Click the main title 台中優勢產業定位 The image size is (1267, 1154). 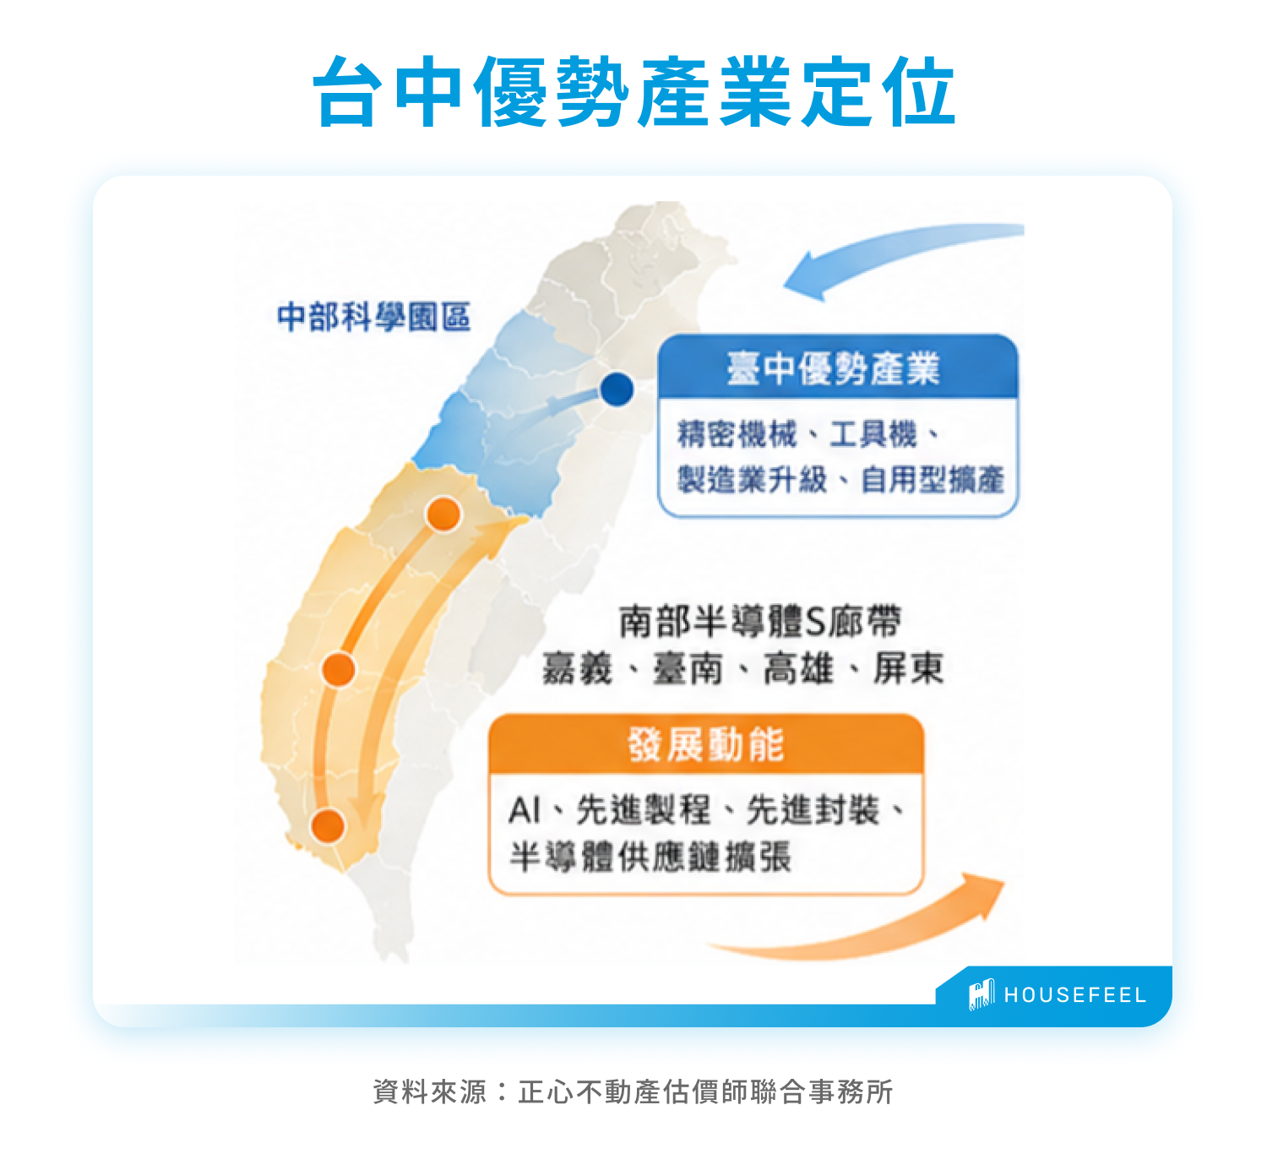pyautogui.click(x=633, y=91)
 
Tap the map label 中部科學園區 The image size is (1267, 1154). pyautogui.click(x=374, y=317)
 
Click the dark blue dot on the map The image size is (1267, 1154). pyautogui.click(x=617, y=389)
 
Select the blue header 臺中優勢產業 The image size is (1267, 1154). pyautogui.click(x=833, y=368)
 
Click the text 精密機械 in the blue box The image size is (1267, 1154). pyautogui.click(x=737, y=434)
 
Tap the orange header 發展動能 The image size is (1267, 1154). pyautogui.click(x=705, y=745)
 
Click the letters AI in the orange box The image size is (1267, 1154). pyautogui.click(x=525, y=810)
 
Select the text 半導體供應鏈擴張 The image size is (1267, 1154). pyautogui.click(x=650, y=857)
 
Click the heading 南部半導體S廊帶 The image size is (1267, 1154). pyautogui.click(x=760, y=621)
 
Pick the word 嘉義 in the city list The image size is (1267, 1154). pyautogui.click(x=577, y=668)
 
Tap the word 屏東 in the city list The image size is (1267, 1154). pyautogui.click(x=908, y=668)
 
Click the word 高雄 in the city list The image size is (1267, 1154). pyautogui.click(x=798, y=668)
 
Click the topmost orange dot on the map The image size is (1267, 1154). pyautogui.click(x=443, y=514)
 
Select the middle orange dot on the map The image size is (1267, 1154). pyautogui.click(x=339, y=669)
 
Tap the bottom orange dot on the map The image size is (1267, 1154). pyautogui.click(x=328, y=826)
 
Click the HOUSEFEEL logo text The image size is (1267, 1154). pyautogui.click(x=1075, y=995)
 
